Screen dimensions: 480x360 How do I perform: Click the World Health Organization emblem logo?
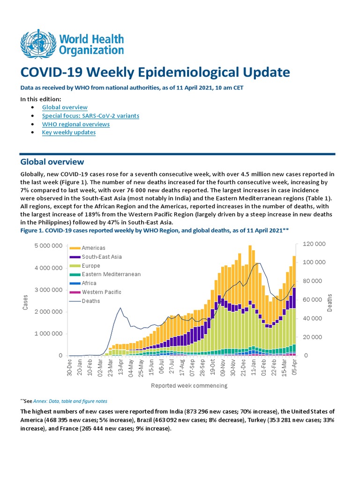coord(37,44)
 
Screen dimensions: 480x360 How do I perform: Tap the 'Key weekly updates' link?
coord(68,133)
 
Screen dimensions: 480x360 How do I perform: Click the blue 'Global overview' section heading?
coord(52,162)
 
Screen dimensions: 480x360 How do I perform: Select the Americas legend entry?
coord(93,248)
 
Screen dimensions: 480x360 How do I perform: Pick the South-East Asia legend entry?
coord(101,257)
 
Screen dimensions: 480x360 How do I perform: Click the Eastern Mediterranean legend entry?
coord(111,274)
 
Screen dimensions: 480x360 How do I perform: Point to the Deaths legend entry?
coord(90,301)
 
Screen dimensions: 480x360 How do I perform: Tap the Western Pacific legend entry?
coord(101,292)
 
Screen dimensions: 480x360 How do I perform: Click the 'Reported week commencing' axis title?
coord(189,386)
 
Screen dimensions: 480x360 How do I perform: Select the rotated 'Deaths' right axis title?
coord(330,303)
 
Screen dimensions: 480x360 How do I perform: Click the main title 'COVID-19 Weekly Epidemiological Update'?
coord(155,73)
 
